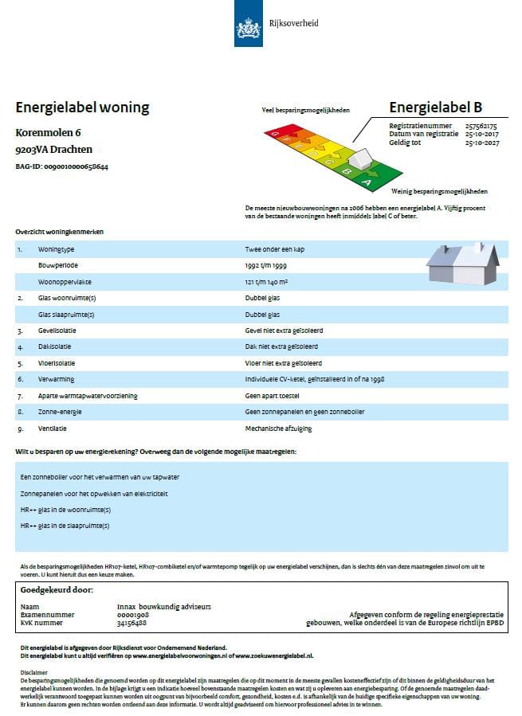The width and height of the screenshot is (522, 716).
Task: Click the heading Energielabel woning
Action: point(82,108)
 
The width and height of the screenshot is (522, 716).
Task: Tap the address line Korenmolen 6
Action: point(49,132)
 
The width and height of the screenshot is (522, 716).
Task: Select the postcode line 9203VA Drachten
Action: point(53,149)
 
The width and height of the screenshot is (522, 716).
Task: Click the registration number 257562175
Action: point(481,126)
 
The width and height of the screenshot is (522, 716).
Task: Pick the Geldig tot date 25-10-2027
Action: point(481,143)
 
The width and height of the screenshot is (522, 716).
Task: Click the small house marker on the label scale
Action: point(361,159)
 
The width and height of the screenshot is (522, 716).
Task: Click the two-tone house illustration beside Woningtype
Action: point(463,263)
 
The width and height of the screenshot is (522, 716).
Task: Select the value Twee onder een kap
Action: point(275,249)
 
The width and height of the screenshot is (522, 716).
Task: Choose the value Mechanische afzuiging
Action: point(279,428)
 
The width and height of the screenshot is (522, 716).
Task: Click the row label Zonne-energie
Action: point(60,412)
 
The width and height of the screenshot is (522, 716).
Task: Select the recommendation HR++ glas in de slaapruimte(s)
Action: point(65,526)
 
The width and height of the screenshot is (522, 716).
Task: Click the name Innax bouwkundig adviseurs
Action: point(163,606)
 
